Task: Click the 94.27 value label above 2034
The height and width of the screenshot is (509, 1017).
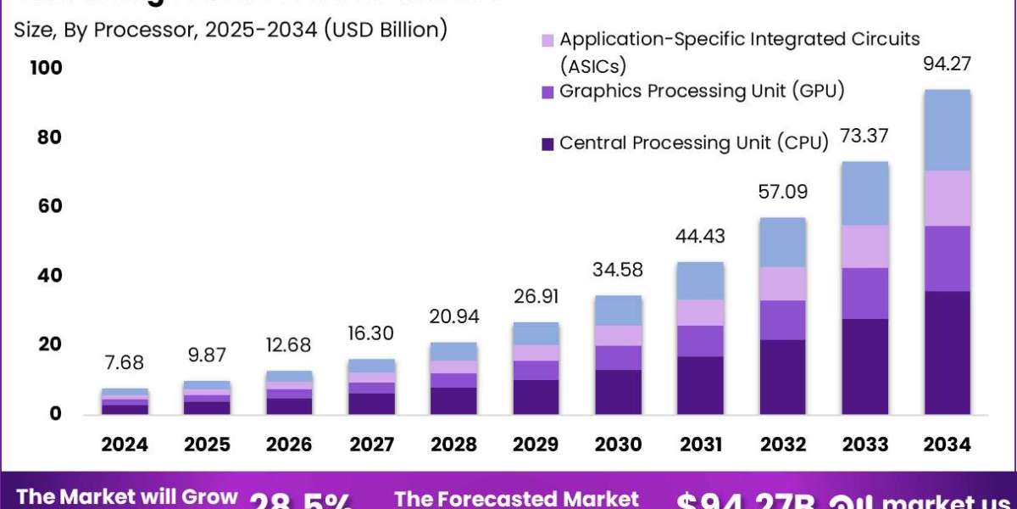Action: (948, 64)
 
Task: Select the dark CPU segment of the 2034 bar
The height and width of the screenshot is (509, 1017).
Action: (948, 353)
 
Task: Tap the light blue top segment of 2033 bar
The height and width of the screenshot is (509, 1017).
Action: (865, 193)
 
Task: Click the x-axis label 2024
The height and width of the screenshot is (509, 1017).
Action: (125, 445)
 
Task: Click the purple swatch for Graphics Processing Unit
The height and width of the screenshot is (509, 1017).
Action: (547, 92)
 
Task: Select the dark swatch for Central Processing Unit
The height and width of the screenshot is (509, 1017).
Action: (547, 143)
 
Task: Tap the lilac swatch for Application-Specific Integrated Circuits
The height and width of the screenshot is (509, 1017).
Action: (547, 40)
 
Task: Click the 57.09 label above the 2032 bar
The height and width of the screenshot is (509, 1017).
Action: (782, 192)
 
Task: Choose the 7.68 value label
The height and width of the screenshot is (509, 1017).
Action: (125, 363)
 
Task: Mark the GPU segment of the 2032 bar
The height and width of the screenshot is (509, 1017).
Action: (782, 320)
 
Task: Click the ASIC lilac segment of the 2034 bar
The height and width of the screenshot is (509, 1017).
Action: (948, 199)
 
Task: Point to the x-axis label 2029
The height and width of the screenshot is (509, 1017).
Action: (536, 445)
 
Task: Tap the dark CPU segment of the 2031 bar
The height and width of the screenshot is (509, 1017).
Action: (700, 385)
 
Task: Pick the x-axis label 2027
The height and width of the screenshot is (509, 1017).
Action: (371, 445)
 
